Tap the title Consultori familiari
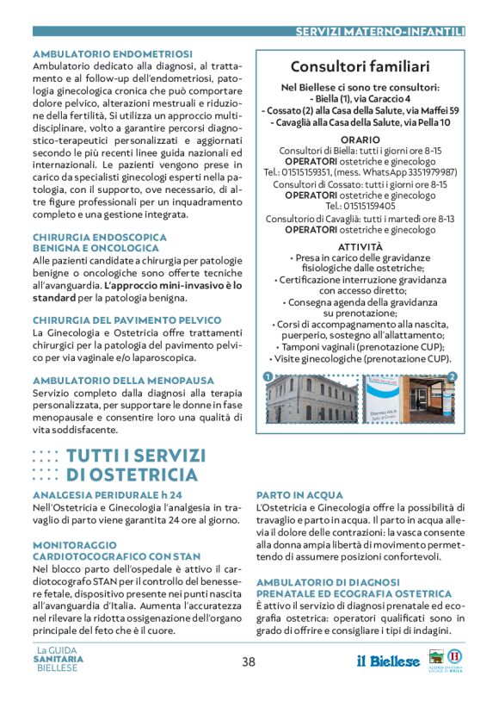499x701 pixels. [x=360, y=67]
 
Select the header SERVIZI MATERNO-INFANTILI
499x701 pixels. [x=379, y=32]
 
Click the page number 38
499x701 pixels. [x=249, y=661]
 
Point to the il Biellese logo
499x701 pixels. [x=388, y=661]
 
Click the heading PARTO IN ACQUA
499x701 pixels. [x=299, y=495]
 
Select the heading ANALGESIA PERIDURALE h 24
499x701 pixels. [x=108, y=495]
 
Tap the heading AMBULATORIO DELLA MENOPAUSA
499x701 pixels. [x=111, y=380]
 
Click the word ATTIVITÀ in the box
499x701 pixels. [x=360, y=246]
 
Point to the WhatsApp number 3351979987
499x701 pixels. [x=427, y=172]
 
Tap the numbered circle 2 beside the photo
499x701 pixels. [x=453, y=376]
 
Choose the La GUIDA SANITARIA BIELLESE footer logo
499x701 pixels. [x=59, y=659]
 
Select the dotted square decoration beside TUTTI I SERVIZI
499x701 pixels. [x=45, y=465]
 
